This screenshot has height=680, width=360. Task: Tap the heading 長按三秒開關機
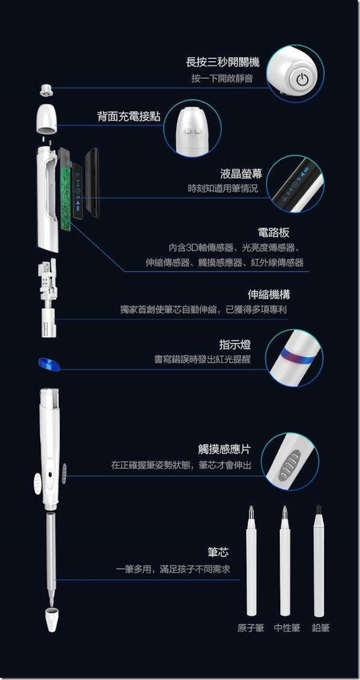click(223, 63)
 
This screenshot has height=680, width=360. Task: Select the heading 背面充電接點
click(129, 116)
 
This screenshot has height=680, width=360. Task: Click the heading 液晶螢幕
click(241, 174)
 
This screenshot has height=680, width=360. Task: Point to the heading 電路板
click(274, 233)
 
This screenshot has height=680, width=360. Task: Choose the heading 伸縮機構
click(269, 294)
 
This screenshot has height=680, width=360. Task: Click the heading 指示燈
click(235, 345)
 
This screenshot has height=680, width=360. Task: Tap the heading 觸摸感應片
click(225, 449)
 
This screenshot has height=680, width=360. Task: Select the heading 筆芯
click(218, 552)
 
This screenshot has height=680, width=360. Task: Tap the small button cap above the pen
click(46, 90)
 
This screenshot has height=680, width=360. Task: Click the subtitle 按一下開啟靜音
click(222, 79)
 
